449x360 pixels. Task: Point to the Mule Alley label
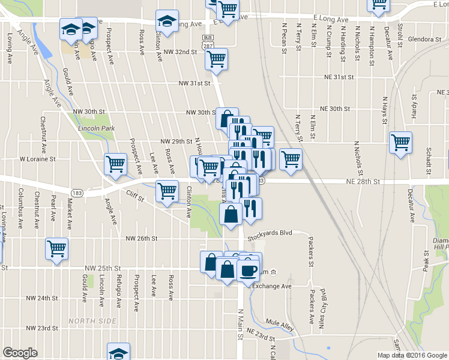280,325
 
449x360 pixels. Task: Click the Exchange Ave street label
271,286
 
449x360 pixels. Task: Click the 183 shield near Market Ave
76,192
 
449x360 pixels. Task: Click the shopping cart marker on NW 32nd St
216,59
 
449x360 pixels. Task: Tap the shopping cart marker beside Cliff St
166,191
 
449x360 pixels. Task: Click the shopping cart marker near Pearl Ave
56,248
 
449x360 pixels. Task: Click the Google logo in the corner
20,353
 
